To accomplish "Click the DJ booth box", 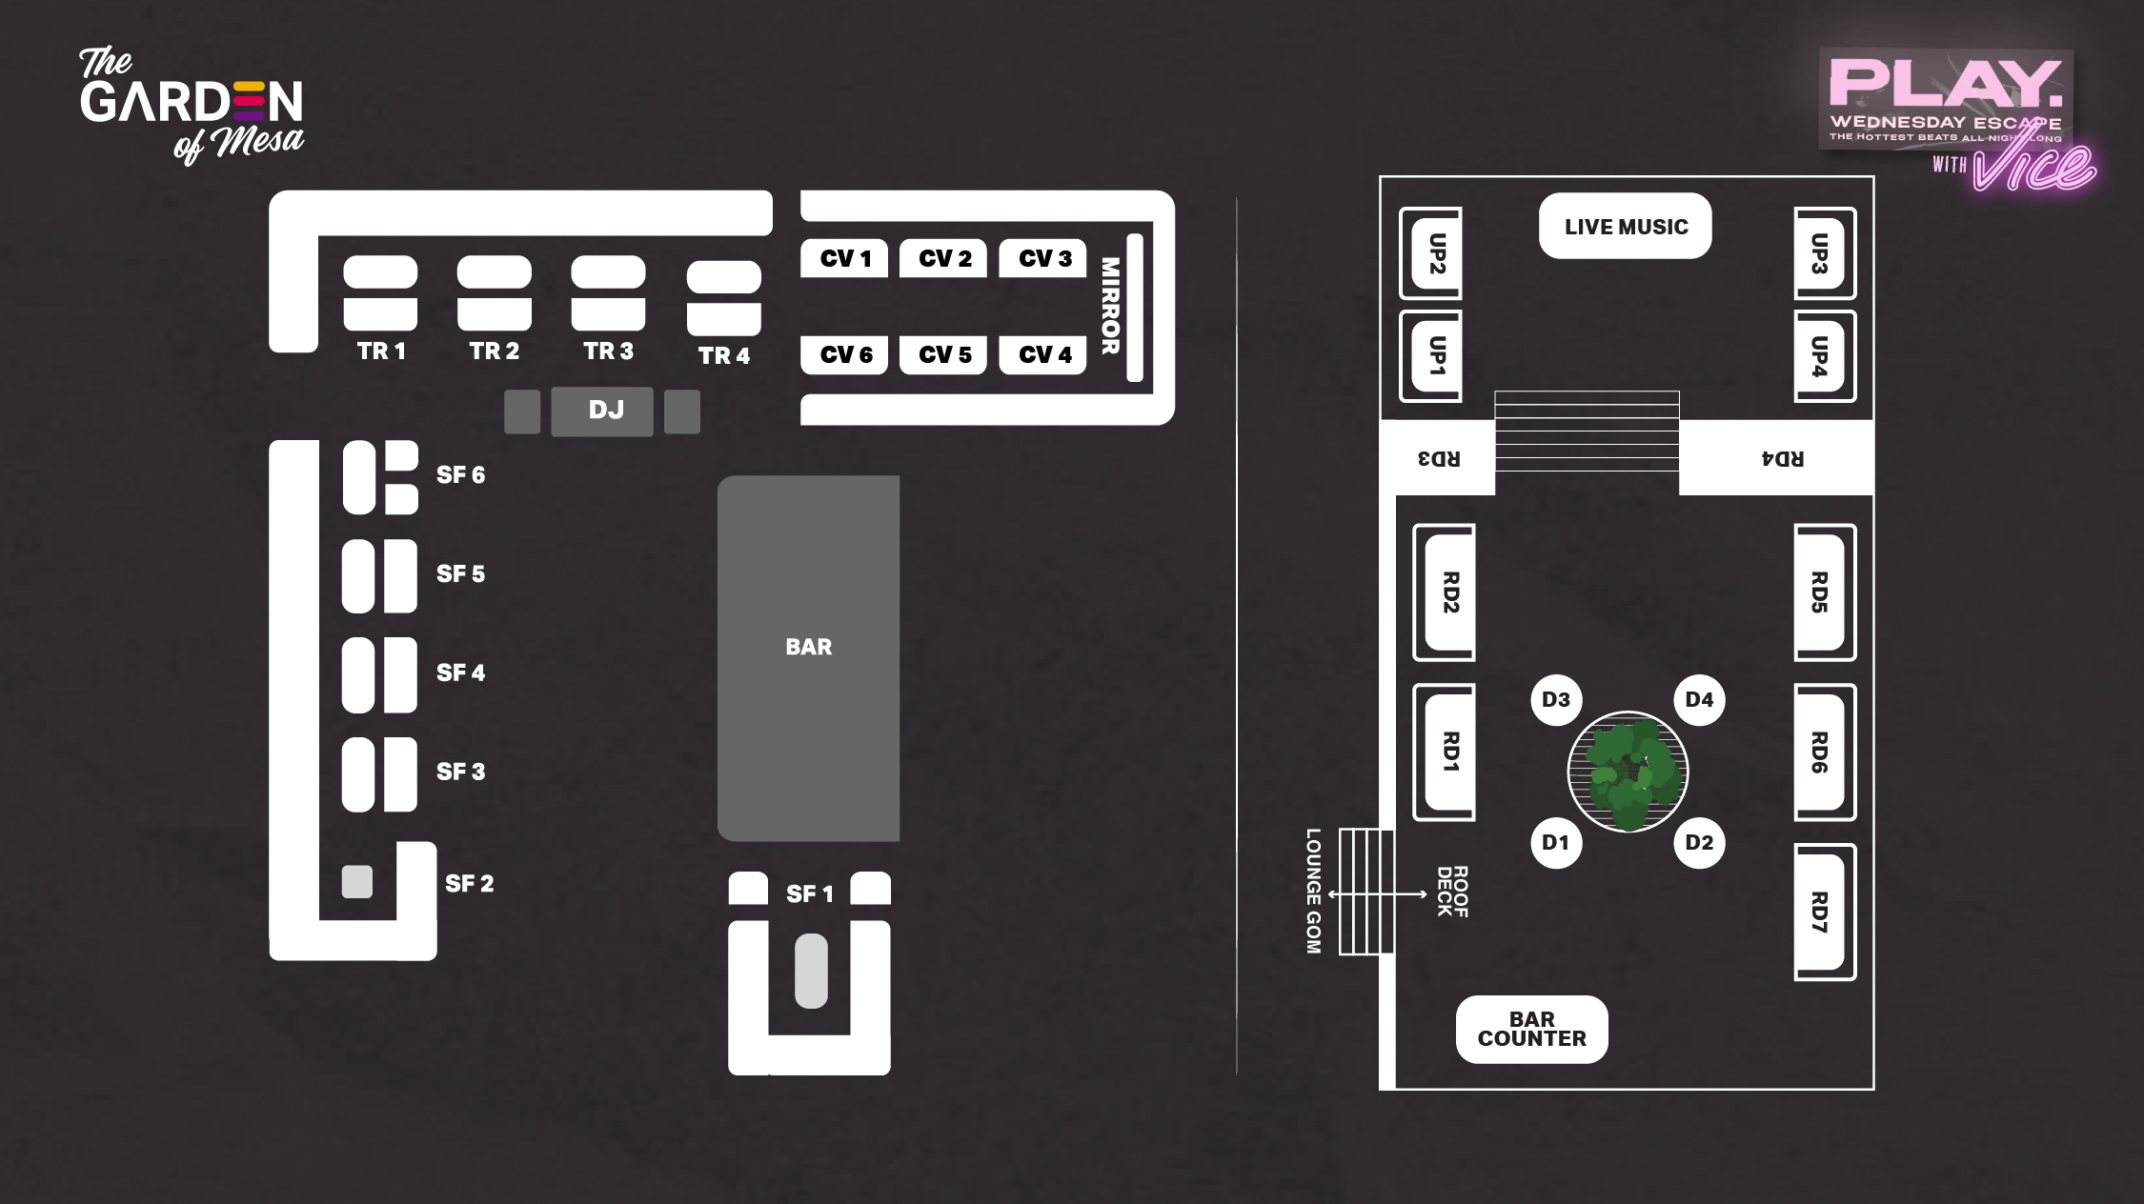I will point(602,411).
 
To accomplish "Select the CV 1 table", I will point(844,258).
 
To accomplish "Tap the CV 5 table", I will point(943,355).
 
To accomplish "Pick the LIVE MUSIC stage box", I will point(1625,227).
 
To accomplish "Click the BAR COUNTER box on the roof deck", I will point(1531,1030).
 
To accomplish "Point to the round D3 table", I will point(1556,700).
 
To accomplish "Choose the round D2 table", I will point(1699,843).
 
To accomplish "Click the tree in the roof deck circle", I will point(1628,772).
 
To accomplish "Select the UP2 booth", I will point(1434,253).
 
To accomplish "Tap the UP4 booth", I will point(1821,356).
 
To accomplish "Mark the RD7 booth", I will point(1821,912).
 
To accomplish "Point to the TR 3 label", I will point(608,351).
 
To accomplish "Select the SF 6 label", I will point(460,474).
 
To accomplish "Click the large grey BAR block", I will point(808,657).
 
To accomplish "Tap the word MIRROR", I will point(1110,306).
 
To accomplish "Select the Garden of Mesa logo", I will point(191,105).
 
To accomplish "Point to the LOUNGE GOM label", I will point(1314,891).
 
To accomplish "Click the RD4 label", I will point(1782,459).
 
